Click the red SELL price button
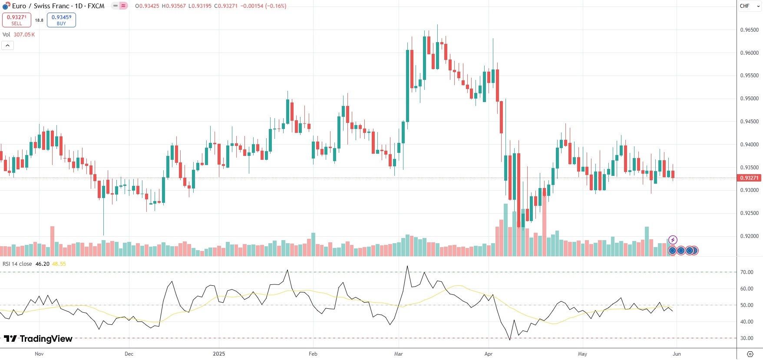coord(17,20)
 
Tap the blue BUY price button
coord(61,20)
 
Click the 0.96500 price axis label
coord(749,30)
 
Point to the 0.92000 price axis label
coord(749,236)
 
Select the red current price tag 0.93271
coord(749,178)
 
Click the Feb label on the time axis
coord(313,354)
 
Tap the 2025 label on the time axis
coord(219,354)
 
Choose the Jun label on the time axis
coord(677,354)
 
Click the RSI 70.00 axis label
coord(746,272)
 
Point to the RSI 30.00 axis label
coord(746,338)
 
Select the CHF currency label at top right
coord(744,6)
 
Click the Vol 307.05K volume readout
coord(19,35)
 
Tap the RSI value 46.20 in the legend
coord(42,264)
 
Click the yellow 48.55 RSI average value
coord(59,264)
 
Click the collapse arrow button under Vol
coord(8,45)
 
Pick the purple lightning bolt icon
coord(672,240)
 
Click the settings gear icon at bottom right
coord(750,354)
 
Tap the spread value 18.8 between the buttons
coord(39,20)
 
